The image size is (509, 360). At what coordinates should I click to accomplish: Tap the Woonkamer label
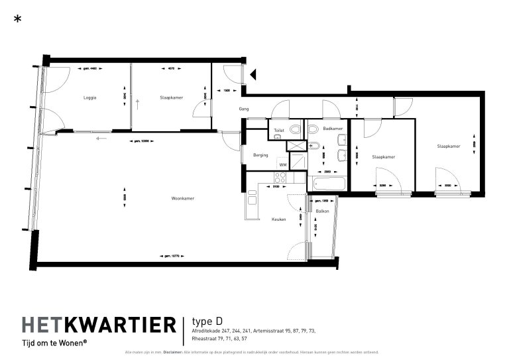click(x=182, y=198)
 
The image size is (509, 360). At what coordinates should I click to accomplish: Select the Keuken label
click(x=278, y=219)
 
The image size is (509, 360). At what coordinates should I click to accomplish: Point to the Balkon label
click(x=322, y=211)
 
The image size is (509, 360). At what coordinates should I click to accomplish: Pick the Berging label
click(x=260, y=155)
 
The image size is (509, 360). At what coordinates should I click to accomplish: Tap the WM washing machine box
click(x=282, y=164)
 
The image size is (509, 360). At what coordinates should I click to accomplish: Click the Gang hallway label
click(x=244, y=109)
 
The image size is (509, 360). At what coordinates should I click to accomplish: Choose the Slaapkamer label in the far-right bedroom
click(x=448, y=147)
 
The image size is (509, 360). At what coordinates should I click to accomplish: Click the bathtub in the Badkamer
click(x=325, y=184)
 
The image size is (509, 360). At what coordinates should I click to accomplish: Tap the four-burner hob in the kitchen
click(x=280, y=177)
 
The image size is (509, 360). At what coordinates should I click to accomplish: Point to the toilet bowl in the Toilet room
click(x=278, y=137)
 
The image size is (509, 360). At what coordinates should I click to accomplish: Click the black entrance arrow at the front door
click(x=253, y=74)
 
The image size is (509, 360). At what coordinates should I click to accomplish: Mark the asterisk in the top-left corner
click(x=17, y=19)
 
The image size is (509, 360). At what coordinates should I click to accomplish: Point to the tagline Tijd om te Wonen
click(x=54, y=343)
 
